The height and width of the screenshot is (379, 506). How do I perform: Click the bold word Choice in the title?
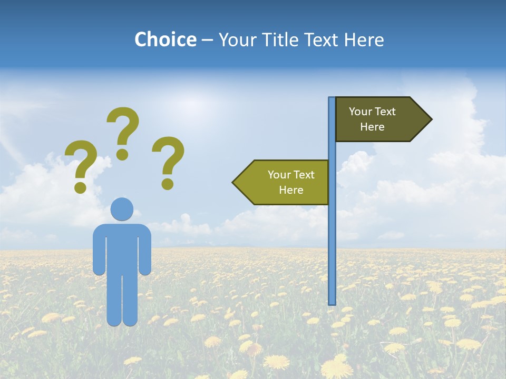pos(165,40)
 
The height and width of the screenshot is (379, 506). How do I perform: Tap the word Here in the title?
pos(364,40)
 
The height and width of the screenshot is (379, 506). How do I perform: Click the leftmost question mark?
pos(81,163)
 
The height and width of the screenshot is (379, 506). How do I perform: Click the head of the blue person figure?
pos(122,209)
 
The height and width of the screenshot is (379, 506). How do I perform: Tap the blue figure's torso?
pos(122,247)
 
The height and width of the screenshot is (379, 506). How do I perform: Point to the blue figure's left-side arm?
pos(99,250)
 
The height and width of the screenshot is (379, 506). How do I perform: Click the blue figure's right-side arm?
pos(145,250)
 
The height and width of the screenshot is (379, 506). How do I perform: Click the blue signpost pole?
pos(332,237)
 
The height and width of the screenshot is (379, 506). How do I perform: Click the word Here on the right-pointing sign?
pos(372,127)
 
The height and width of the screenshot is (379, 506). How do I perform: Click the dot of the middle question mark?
pos(122,154)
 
